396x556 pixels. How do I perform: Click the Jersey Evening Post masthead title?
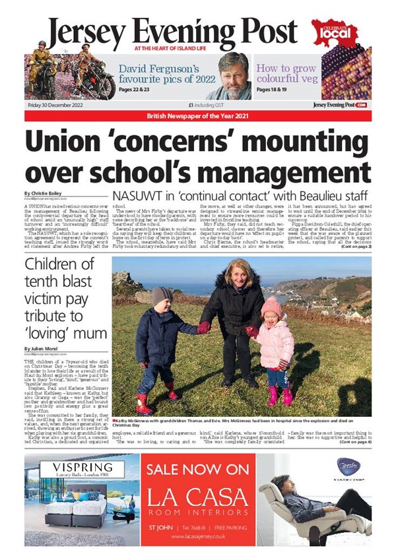(172, 30)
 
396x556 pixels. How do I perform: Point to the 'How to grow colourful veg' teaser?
(286, 74)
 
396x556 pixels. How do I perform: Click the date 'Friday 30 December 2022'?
(55, 104)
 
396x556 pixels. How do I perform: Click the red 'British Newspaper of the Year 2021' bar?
(198, 117)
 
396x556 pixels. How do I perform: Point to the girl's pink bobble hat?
(271, 305)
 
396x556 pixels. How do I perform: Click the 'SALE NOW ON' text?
(199, 470)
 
